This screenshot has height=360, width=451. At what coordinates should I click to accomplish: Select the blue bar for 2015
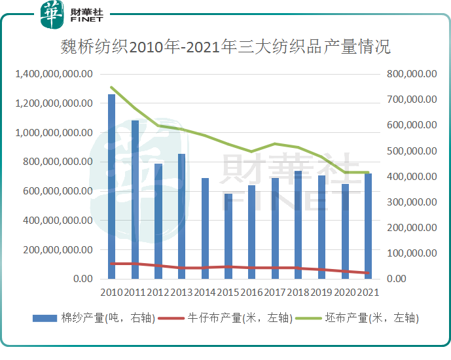click(228, 236)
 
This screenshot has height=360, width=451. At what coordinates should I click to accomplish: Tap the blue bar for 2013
click(181, 216)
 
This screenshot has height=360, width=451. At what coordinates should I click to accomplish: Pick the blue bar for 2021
click(369, 226)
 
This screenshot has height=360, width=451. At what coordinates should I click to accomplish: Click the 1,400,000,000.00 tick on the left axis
click(54, 75)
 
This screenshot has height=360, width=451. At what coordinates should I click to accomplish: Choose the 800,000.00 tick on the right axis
click(411, 75)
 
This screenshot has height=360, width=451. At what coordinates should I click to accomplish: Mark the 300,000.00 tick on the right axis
click(411, 202)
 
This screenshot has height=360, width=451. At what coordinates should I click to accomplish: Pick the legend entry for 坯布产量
click(357, 318)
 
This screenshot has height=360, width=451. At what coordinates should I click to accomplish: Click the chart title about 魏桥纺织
click(225, 47)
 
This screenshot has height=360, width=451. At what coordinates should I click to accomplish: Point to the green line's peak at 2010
click(112, 88)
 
